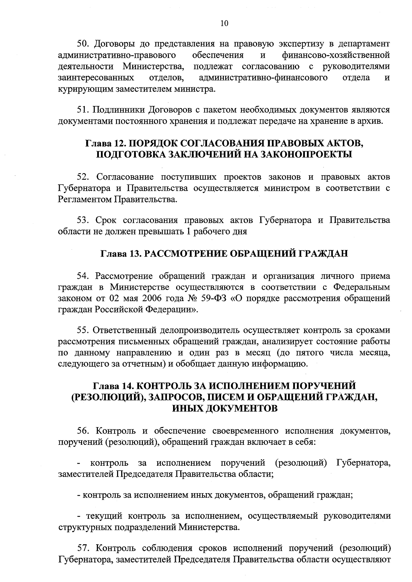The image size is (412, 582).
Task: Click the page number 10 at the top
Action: [224, 23]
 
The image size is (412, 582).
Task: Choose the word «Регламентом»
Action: [84, 199]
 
